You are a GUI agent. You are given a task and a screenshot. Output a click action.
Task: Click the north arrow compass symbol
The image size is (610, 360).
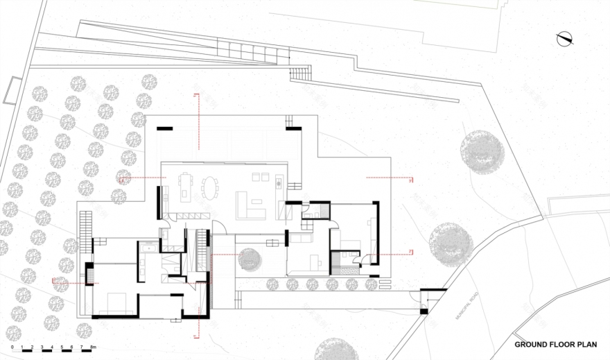pos(566,40)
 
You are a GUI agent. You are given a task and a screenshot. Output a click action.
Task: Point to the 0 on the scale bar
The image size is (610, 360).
pos(12,345)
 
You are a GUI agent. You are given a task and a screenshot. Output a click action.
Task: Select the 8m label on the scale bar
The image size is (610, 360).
pos(91,345)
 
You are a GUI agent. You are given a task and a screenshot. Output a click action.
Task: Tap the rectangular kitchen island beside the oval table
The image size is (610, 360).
pos(185,187)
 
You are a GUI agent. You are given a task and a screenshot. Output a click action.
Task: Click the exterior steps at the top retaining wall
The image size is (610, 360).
pos(299,72)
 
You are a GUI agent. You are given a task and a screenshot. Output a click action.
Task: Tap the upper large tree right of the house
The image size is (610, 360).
pos(480,151)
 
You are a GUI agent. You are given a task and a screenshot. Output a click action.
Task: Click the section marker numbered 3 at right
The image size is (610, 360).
pos(411,180)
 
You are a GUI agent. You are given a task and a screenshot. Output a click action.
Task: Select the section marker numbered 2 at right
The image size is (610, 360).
pos(411,250)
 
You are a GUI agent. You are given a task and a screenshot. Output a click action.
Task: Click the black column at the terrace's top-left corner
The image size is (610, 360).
pos(164,128)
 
